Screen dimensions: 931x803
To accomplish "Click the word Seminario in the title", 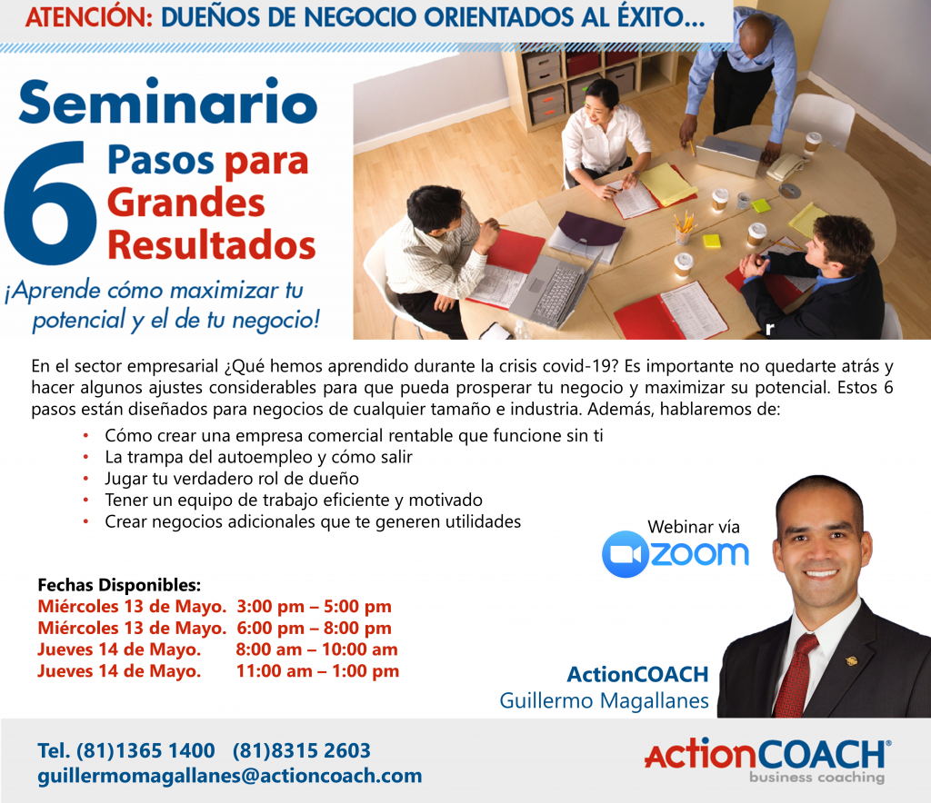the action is [x=168, y=102].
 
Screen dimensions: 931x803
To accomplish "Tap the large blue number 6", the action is [x=50, y=203].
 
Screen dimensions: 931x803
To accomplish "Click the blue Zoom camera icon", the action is [x=626, y=554].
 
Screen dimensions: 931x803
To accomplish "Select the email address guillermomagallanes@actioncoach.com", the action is [x=230, y=776].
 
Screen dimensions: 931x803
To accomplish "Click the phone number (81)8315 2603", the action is [x=302, y=751].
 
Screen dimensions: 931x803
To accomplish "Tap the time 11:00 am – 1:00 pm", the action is [x=317, y=670].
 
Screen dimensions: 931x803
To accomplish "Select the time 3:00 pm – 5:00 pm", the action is [x=314, y=606].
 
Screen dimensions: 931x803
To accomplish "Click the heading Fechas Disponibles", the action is [x=119, y=585].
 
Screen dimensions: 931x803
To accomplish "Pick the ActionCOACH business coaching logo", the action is [x=767, y=761].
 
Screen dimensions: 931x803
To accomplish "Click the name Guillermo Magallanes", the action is [x=604, y=700].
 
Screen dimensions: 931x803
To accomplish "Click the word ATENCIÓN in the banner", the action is [x=89, y=17].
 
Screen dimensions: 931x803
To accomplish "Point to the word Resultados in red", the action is [x=211, y=245].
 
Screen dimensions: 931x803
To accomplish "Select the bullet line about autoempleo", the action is [x=258, y=457].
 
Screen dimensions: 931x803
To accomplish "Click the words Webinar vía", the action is [x=694, y=527].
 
